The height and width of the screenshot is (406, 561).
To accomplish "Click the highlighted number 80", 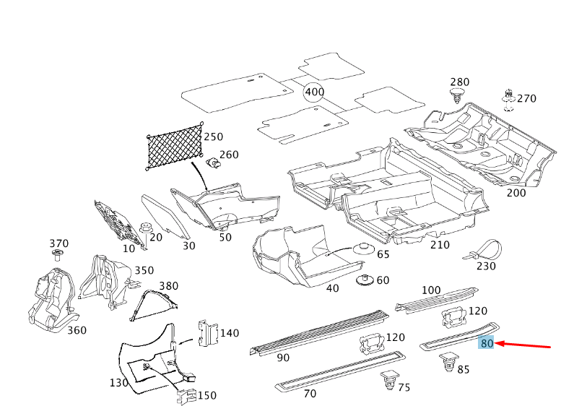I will pos(487,344).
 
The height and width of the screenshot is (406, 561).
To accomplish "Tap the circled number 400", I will pos(314,92).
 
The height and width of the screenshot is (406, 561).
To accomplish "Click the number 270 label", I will pos(526,98).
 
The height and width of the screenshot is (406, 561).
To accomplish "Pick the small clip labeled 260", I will pos(214,163).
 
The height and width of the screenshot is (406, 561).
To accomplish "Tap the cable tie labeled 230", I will pos(482,249).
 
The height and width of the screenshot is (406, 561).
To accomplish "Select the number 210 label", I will pos(440,245).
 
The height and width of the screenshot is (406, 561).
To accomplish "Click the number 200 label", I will pos(516,193).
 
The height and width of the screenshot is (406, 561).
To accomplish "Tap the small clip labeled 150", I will pos(186,396).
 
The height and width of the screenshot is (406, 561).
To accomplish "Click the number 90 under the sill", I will pos(282,358).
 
